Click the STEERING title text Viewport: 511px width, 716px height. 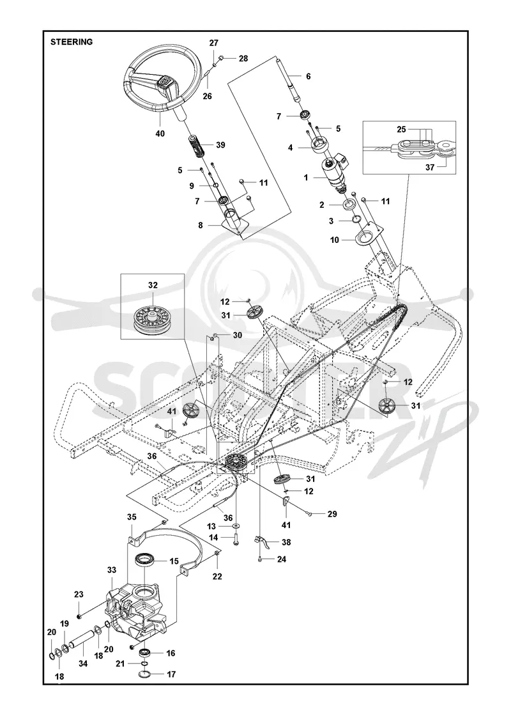(72, 42)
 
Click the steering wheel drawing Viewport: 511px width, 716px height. (162, 87)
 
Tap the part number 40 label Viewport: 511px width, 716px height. (160, 134)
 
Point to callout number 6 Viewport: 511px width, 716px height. (309, 76)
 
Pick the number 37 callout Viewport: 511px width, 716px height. (430, 167)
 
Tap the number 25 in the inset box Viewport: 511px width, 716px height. (401, 130)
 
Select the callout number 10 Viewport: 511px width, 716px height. (335, 240)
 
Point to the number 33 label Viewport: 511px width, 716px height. (111, 570)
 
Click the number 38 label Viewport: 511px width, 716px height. (286, 543)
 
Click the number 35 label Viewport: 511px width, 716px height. (132, 517)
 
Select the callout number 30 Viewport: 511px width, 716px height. (237, 335)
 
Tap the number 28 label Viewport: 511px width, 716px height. (243, 58)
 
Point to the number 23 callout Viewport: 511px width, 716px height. (79, 595)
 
